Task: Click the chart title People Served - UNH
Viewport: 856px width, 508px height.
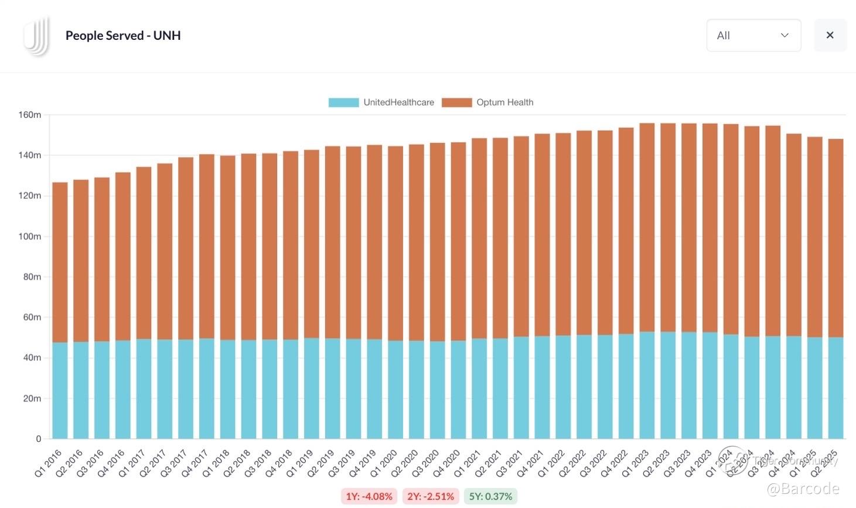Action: click(123, 36)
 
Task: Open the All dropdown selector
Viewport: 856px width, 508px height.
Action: click(753, 35)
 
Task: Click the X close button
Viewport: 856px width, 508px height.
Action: click(830, 35)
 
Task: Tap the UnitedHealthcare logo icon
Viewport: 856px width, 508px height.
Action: click(36, 36)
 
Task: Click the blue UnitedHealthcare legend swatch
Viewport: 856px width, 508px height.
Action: click(343, 103)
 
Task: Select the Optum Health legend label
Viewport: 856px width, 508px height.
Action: click(504, 103)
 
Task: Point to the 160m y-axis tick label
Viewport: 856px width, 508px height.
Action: click(30, 115)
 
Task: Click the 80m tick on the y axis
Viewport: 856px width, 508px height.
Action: click(32, 277)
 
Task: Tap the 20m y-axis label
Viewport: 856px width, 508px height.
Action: click(32, 398)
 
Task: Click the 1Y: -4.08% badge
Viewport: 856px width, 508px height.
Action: click(369, 496)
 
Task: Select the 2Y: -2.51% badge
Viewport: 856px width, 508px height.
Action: click(431, 496)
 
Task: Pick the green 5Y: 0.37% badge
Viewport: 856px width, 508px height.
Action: click(490, 496)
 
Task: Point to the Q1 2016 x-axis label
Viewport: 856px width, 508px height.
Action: click(49, 463)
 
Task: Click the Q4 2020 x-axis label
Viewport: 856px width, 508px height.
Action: click(447, 463)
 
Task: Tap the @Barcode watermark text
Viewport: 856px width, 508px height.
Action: click(803, 489)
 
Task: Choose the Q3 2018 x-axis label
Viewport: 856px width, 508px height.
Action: click(258, 463)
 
